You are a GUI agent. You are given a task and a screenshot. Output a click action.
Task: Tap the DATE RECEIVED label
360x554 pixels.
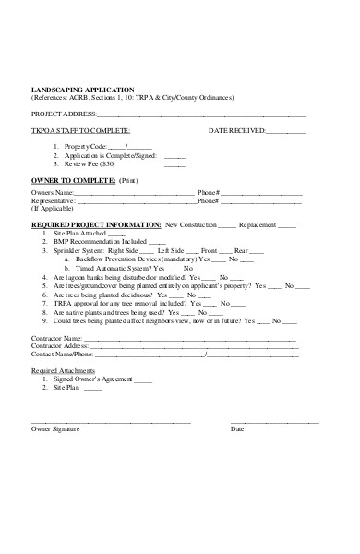pos(236,131)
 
